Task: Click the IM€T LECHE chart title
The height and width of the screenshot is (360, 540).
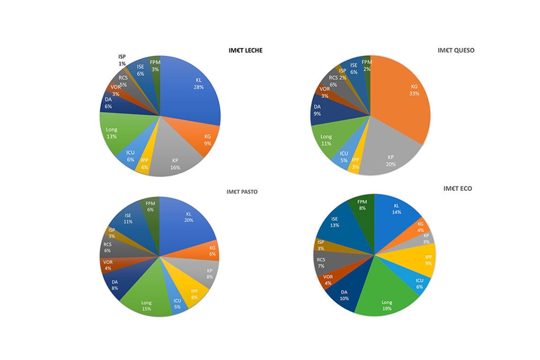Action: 245,50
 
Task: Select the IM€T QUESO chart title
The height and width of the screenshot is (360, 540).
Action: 456,50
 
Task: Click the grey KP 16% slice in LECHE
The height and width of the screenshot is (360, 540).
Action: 174,162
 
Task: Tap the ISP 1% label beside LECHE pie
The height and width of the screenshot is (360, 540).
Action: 122,60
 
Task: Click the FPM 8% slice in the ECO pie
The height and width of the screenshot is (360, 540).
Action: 362,206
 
